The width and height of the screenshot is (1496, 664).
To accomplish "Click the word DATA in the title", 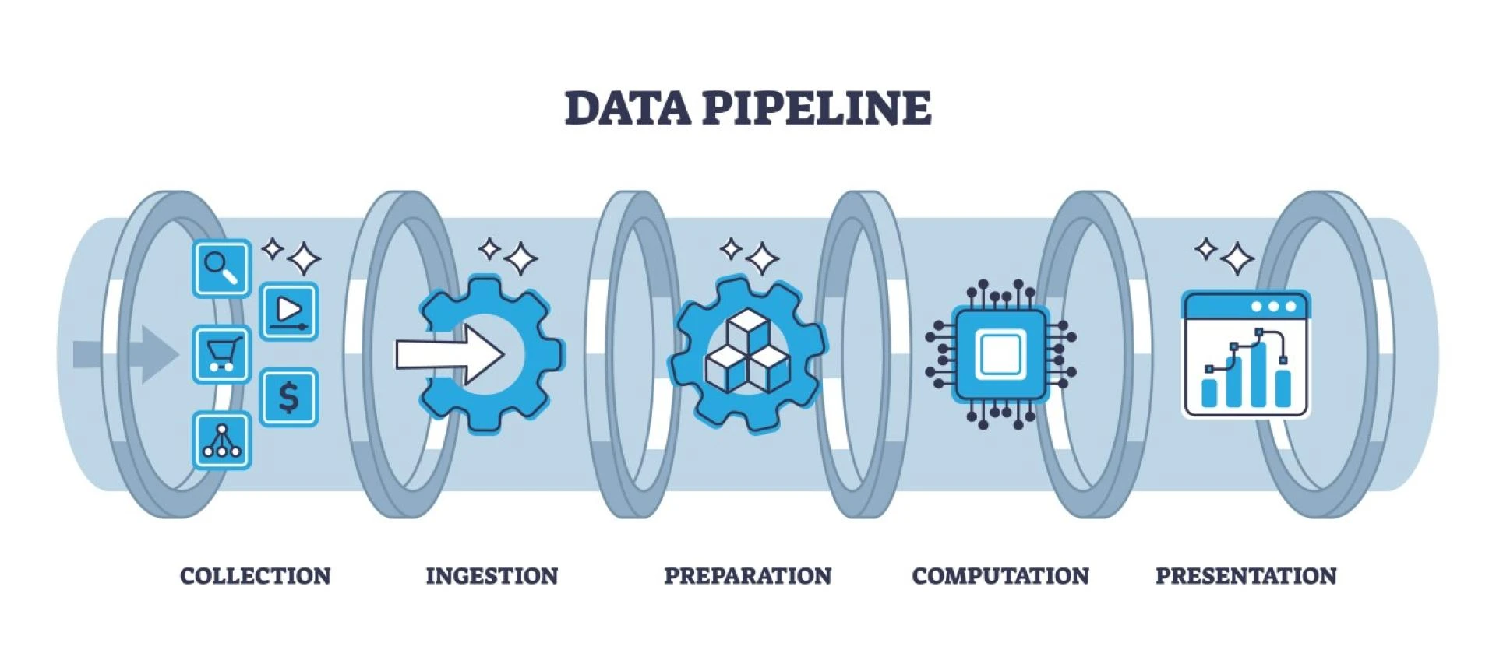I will (x=627, y=107).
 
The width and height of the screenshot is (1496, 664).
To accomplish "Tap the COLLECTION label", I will (x=256, y=576).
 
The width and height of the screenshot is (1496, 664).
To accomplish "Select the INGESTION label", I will (x=492, y=576).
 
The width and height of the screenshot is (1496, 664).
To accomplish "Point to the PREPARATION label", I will (x=747, y=576).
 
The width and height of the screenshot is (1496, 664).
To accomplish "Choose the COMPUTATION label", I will (x=1000, y=576).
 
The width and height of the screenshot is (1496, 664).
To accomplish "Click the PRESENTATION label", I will (x=1245, y=576).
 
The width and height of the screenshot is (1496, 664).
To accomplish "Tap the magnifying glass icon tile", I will (x=221, y=269).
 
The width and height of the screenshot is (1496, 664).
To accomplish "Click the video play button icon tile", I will (x=288, y=311).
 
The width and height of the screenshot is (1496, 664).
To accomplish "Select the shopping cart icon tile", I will (x=221, y=355).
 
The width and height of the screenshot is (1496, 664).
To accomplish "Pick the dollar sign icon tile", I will (x=288, y=397).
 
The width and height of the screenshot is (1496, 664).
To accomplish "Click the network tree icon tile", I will (x=221, y=441).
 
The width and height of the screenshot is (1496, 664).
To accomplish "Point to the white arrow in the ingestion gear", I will (x=449, y=355).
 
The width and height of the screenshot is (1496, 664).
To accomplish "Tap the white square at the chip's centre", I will (x=1001, y=356).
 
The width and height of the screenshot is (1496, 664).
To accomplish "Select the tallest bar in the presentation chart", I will (x=1258, y=374).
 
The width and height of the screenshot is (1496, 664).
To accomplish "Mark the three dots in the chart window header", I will (x=1273, y=307).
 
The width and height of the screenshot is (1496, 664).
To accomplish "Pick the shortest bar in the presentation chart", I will (x=1209, y=392).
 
